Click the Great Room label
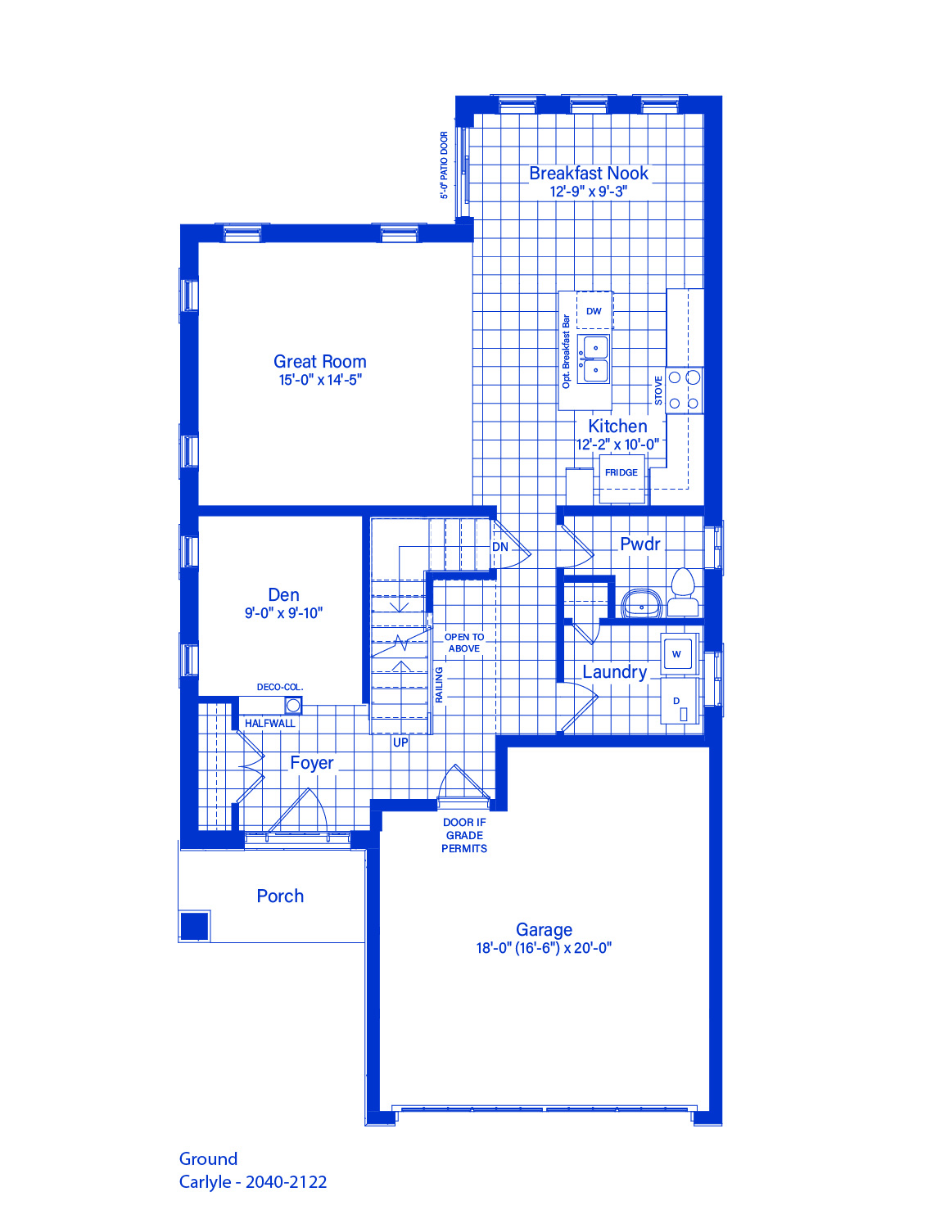click(x=320, y=361)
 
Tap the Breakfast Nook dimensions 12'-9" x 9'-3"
click(x=589, y=192)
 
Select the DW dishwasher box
click(x=594, y=310)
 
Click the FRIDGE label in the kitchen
click(x=621, y=472)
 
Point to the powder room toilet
click(x=683, y=592)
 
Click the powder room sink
click(x=641, y=603)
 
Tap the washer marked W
click(x=676, y=654)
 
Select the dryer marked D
click(x=680, y=701)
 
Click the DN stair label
click(x=500, y=547)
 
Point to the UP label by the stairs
click(x=400, y=743)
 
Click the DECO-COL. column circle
click(x=293, y=706)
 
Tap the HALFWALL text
click(x=269, y=724)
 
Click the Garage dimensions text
click(x=544, y=948)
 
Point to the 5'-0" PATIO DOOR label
click(x=445, y=165)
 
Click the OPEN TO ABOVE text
click(x=464, y=643)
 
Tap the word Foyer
click(x=312, y=763)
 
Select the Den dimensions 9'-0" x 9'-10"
click(x=284, y=613)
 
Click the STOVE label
click(x=658, y=391)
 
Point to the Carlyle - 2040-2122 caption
click(x=253, y=1182)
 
